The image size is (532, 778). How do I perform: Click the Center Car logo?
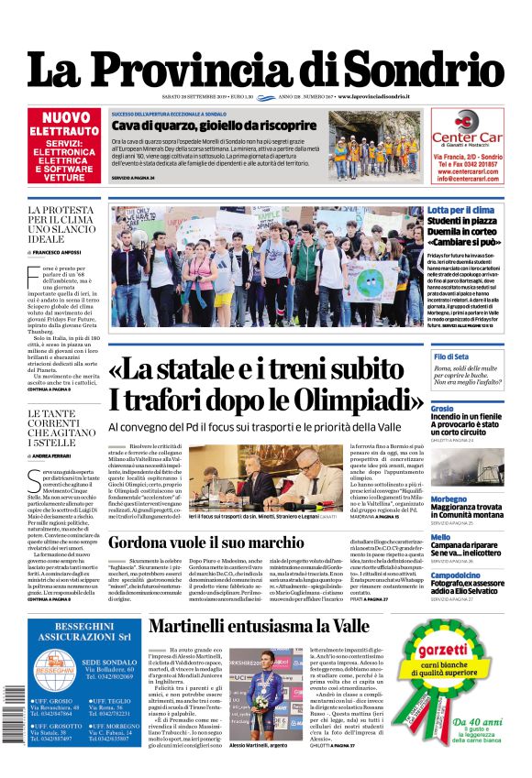pos(467,134)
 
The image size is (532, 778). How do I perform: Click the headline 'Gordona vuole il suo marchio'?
pos(219,542)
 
